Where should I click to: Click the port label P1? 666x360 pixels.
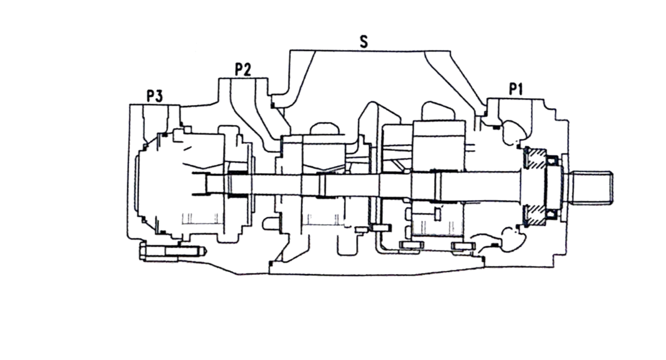click(x=515, y=89)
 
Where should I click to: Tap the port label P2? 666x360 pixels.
click(x=243, y=70)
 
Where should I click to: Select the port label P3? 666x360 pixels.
click(x=155, y=96)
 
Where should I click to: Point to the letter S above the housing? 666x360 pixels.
click(x=363, y=42)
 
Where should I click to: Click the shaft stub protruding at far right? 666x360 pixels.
click(x=590, y=187)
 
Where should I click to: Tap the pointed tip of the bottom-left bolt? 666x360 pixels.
click(x=204, y=251)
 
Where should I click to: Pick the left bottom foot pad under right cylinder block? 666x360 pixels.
click(x=411, y=245)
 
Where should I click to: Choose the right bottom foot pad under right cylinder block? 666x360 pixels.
click(x=463, y=246)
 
